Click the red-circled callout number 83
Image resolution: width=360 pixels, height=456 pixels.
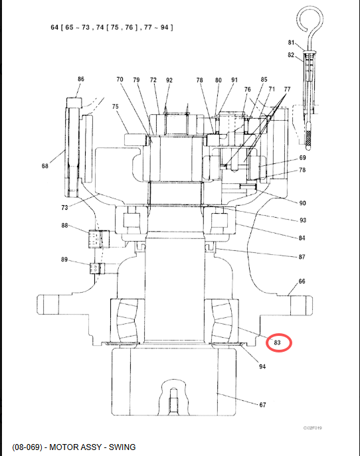click(x=277, y=342)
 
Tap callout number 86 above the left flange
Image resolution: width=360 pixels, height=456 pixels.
click(x=81, y=79)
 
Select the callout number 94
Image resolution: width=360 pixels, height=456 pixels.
click(x=262, y=366)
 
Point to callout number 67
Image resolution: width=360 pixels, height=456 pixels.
click(x=262, y=404)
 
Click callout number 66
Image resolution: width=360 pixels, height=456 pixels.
click(x=302, y=281)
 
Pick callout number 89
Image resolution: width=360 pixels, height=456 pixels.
click(x=64, y=260)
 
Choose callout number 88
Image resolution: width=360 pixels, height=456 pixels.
click(x=64, y=226)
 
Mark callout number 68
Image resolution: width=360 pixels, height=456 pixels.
click(x=45, y=166)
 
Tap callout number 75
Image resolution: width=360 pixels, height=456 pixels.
click(x=116, y=106)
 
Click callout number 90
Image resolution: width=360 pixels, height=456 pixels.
click(x=303, y=203)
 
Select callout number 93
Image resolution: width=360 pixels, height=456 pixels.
click(x=303, y=220)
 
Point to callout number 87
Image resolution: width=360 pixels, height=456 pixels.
click(x=302, y=257)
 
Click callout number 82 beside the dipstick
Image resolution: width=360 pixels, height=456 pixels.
click(x=291, y=55)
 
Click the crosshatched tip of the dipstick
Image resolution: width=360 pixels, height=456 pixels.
click(x=308, y=139)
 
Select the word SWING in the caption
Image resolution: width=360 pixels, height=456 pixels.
click(x=122, y=447)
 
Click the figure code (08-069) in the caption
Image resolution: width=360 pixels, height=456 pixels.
click(x=27, y=447)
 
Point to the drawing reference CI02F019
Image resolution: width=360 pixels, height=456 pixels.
click(x=313, y=428)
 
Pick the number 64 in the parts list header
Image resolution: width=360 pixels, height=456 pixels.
click(x=54, y=27)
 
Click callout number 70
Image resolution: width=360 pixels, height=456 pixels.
click(x=120, y=79)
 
